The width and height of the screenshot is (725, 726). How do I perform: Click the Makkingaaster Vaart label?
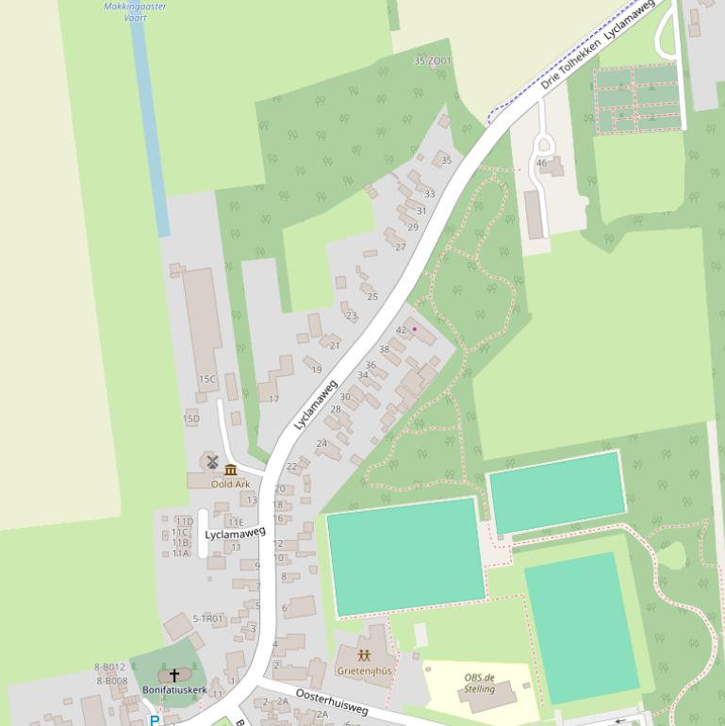(x=135, y=11)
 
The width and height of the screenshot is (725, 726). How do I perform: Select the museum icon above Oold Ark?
(x=231, y=470)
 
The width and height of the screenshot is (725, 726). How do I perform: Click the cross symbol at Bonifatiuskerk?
(x=174, y=675)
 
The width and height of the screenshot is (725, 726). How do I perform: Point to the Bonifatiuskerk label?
(x=174, y=690)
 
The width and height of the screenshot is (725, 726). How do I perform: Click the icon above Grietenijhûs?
(x=365, y=655)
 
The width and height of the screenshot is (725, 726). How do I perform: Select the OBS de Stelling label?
(x=479, y=683)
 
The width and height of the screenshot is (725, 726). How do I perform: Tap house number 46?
(x=541, y=163)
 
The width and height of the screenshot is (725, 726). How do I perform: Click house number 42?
(x=402, y=330)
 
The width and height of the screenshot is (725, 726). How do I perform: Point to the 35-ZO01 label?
(x=433, y=61)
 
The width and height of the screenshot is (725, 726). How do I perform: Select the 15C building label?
(x=207, y=379)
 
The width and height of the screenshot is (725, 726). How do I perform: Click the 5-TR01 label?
(x=208, y=619)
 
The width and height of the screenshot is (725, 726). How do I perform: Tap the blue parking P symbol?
(x=155, y=720)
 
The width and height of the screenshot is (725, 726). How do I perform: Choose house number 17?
(x=274, y=399)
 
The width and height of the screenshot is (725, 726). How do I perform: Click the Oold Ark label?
(x=231, y=484)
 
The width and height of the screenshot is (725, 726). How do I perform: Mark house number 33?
(x=430, y=194)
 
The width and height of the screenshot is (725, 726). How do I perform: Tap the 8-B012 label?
(x=110, y=668)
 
